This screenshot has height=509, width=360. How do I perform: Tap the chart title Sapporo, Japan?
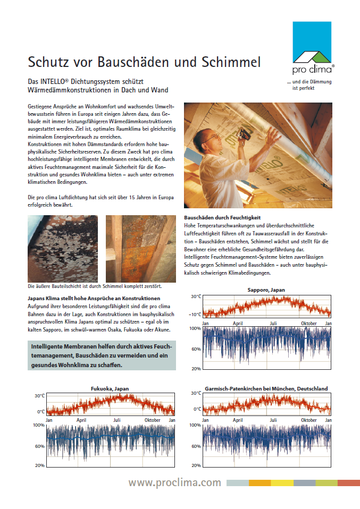266,290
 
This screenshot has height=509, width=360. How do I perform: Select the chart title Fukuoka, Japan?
110,388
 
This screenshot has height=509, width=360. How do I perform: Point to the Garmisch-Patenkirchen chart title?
266,388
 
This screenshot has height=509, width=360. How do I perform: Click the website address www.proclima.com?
174,482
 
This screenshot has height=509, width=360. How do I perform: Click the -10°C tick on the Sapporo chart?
196,315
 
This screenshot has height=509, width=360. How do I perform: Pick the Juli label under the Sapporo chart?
273,323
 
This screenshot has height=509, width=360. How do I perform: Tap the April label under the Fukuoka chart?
81,420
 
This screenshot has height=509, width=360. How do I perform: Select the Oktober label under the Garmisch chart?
309,420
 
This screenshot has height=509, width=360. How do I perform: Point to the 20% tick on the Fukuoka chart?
39,466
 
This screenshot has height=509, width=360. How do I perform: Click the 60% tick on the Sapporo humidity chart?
196,349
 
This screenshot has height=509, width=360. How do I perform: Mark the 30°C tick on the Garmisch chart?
196,393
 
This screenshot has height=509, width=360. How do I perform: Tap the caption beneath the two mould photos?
95,286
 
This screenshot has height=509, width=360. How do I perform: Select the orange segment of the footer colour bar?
259,483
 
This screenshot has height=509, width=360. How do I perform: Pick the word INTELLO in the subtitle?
54,81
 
